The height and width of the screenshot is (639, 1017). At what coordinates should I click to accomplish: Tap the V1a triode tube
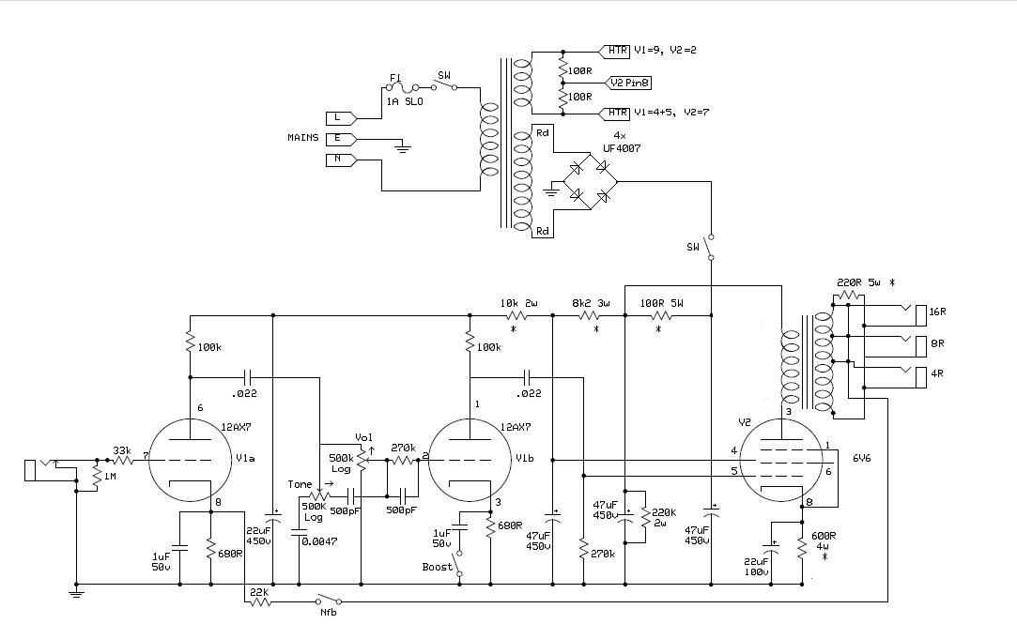(x=190, y=460)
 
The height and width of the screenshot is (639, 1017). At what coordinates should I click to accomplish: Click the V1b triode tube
(x=470, y=460)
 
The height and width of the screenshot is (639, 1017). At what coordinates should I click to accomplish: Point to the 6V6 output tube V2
(x=781, y=460)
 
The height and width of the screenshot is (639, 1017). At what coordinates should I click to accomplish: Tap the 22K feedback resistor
(x=259, y=602)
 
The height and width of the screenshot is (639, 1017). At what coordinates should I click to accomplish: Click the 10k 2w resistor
(x=516, y=315)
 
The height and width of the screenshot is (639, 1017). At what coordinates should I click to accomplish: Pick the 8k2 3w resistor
(x=589, y=315)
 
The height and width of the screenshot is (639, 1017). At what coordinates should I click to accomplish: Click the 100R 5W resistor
(x=661, y=315)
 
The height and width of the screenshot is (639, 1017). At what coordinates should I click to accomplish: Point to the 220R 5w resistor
(x=848, y=296)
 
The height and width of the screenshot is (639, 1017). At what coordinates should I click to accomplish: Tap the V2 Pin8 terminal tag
(x=628, y=83)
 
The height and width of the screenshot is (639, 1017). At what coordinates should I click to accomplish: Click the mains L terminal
(x=341, y=118)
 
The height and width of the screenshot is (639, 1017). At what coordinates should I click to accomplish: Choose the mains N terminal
(x=341, y=160)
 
